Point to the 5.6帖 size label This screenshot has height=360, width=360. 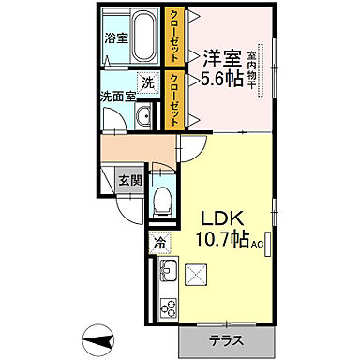(221, 81)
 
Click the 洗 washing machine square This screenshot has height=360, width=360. (147, 82)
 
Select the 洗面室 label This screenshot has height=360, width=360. (118, 97)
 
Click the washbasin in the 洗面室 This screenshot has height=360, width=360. (144, 117)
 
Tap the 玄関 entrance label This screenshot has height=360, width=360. (128, 181)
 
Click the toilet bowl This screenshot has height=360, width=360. (161, 198)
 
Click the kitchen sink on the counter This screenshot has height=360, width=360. (170, 275)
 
